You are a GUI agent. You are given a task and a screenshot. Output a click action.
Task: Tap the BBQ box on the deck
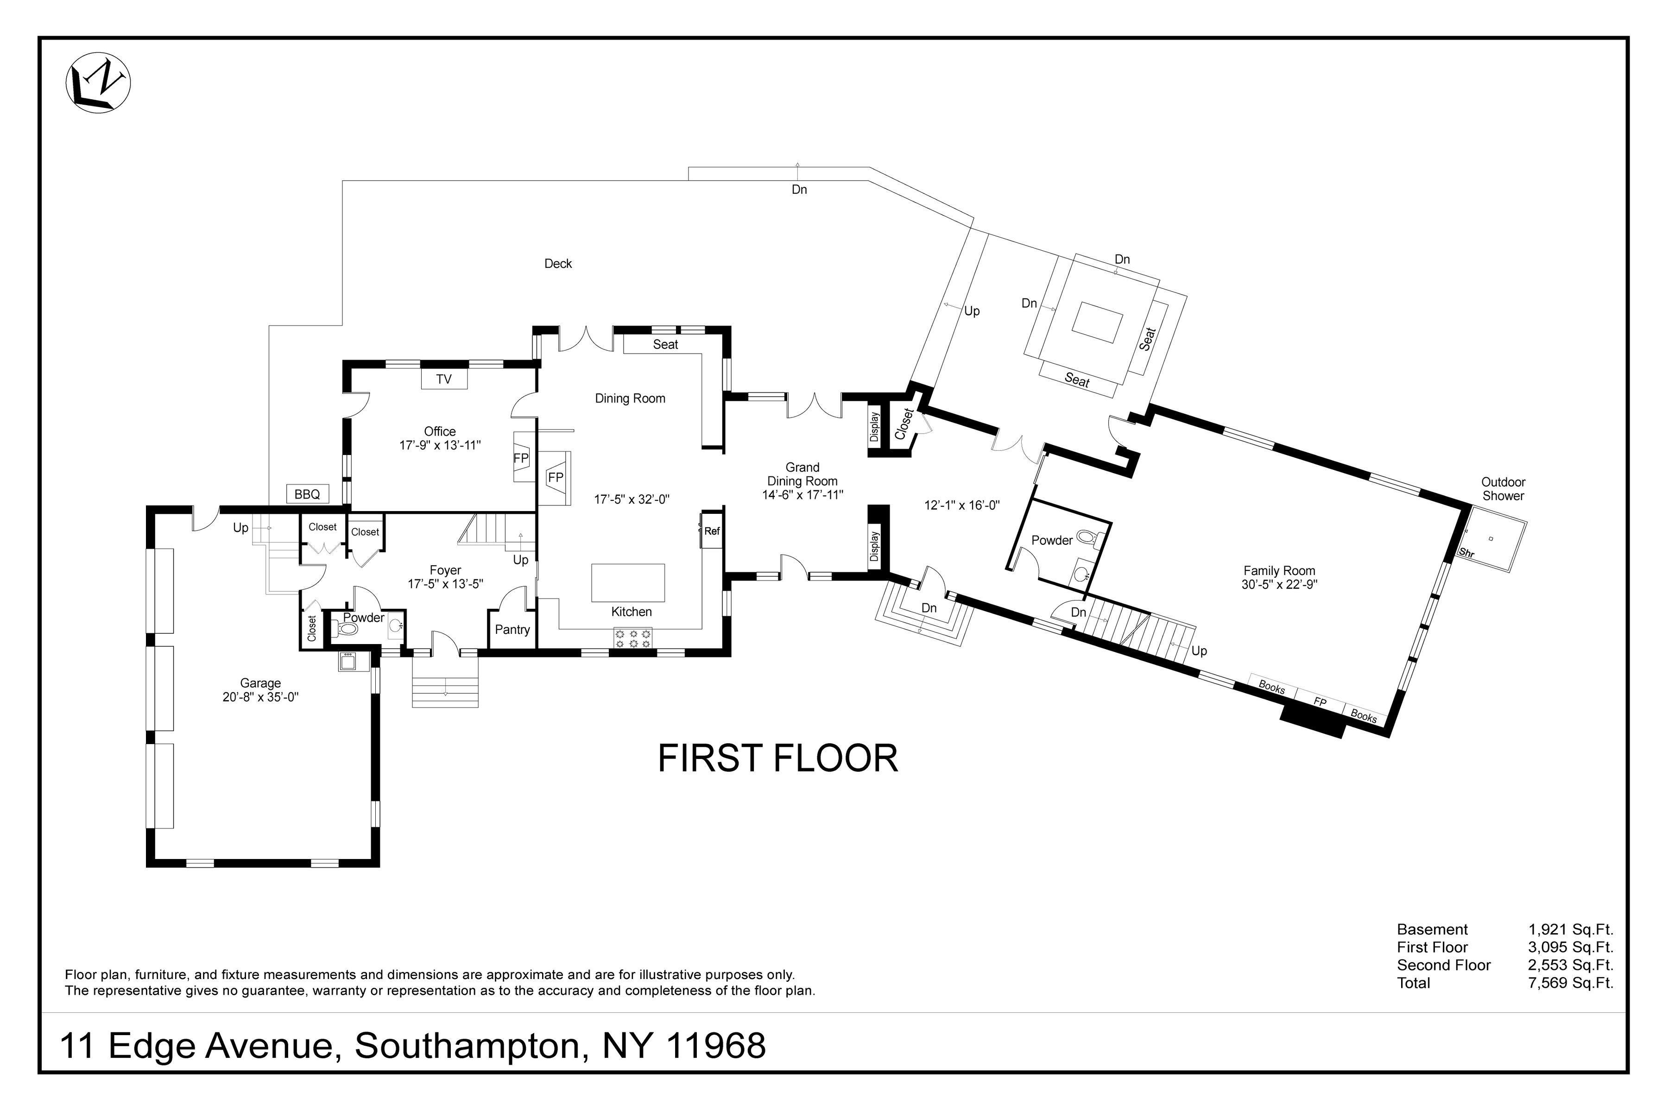click(x=307, y=494)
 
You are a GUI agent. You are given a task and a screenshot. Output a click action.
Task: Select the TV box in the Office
click(x=444, y=379)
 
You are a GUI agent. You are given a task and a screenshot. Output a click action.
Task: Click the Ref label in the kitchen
click(x=712, y=531)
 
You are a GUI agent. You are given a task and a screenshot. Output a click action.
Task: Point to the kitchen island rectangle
click(x=628, y=583)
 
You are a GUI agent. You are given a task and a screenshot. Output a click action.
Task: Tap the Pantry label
click(x=512, y=630)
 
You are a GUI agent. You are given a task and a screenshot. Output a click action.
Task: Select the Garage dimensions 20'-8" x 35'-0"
click(x=260, y=697)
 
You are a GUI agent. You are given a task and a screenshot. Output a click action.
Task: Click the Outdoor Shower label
click(x=1503, y=489)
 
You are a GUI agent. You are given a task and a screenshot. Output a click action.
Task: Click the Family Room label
click(x=1279, y=571)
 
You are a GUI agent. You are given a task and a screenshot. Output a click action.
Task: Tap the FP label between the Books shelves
click(x=1320, y=701)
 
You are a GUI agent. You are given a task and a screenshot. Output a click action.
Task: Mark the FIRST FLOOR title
click(x=777, y=759)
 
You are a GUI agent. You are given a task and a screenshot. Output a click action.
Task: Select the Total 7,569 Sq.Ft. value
click(x=1570, y=983)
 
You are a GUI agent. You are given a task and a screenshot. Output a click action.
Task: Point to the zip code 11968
click(x=717, y=1046)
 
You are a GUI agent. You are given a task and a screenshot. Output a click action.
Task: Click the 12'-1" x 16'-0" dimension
click(x=962, y=505)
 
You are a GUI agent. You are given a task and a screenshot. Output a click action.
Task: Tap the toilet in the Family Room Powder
click(x=1087, y=537)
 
